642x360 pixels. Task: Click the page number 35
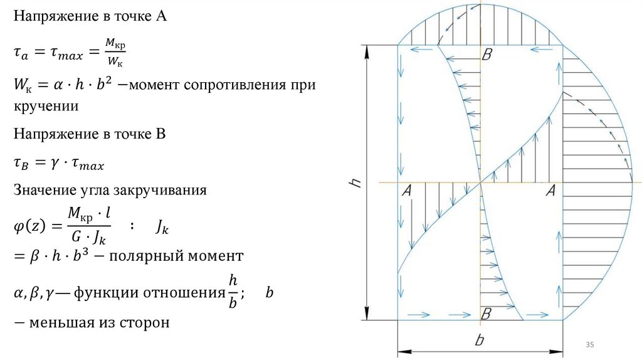point(589,345)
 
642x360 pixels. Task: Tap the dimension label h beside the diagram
point(355,183)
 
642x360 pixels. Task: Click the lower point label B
point(487,312)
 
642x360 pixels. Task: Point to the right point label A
point(552,191)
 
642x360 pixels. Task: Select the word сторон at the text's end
point(148,323)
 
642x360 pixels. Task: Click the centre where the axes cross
point(481,183)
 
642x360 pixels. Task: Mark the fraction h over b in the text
point(233,292)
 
